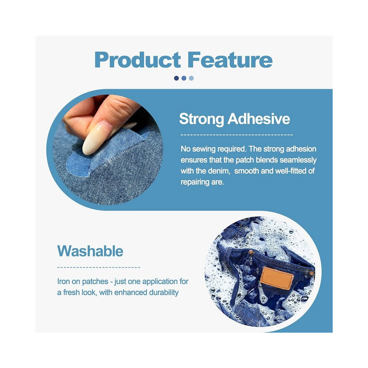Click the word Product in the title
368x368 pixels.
tap(138, 60)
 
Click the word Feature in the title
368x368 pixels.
tap(230, 60)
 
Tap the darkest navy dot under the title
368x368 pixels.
tap(177, 78)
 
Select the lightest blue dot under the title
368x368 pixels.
tap(191, 78)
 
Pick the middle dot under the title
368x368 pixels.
tap(184, 78)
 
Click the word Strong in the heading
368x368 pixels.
tap(201, 119)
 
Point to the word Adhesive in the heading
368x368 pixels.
tap(259, 119)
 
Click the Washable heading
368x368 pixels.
tap(90, 251)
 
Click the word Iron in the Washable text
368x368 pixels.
tap(63, 281)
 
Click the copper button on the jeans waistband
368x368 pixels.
tap(251, 252)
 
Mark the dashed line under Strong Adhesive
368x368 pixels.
tap(237, 135)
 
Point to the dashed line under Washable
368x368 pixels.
tap(99, 267)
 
